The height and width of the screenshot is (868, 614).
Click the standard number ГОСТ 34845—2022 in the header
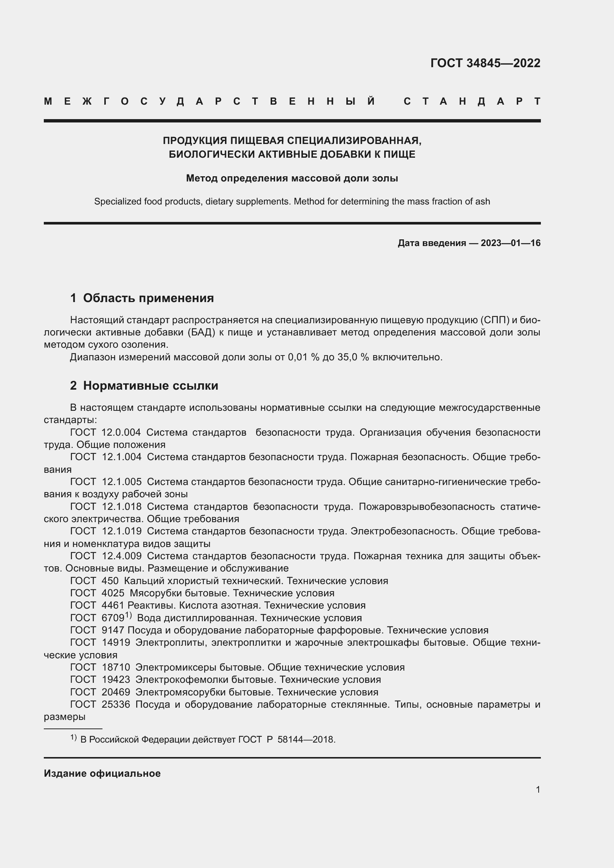485,63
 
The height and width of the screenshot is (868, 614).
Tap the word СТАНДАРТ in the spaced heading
472,101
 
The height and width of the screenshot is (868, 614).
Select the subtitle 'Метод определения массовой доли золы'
292,178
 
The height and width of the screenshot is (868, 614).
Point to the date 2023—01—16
510,243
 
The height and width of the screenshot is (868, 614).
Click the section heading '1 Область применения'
142,298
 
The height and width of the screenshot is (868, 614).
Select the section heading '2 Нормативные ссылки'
144,386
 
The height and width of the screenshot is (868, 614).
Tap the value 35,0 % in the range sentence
353,357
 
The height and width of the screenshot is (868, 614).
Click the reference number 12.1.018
122,507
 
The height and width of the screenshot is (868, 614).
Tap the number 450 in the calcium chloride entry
110,581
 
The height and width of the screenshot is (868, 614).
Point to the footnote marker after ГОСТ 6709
128,615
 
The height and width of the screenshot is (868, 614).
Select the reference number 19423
116,679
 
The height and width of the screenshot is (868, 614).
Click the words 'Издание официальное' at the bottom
102,773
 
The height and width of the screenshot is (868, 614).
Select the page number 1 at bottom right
538,789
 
